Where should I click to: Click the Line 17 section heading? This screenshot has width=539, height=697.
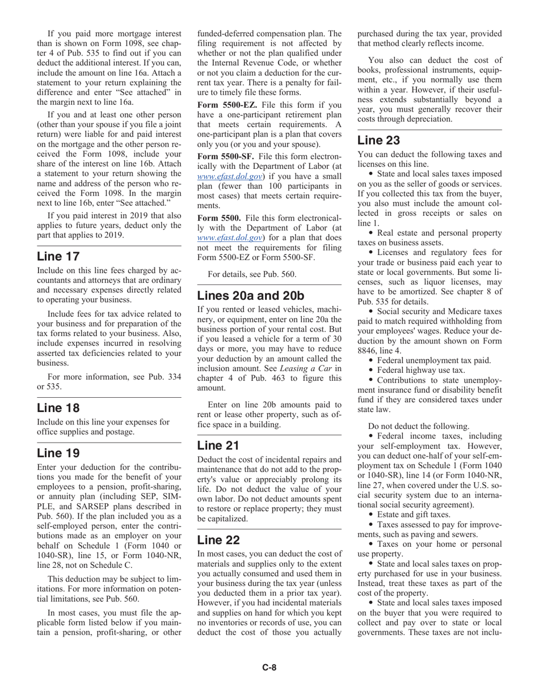58,256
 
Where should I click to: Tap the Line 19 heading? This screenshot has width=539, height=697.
58,453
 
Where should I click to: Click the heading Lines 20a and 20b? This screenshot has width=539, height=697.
250,295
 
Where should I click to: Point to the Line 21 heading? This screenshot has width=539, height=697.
218,445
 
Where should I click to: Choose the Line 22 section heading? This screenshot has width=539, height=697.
218,539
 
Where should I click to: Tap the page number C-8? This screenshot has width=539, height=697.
269,668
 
